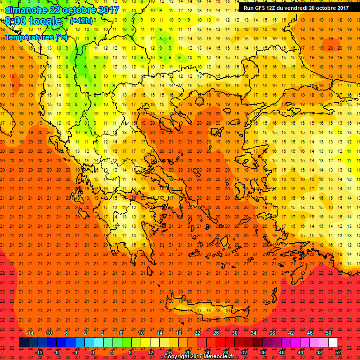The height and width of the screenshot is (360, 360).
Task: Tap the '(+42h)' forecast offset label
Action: [81, 21]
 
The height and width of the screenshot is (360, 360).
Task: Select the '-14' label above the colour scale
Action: [30, 333]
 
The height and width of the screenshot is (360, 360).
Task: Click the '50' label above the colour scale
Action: [329, 333]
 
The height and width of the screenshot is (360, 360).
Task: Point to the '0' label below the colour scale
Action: [93, 352]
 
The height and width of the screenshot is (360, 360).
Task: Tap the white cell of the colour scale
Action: [333, 343]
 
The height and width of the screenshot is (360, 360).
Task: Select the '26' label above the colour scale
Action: [216, 333]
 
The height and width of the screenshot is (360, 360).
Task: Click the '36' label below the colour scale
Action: [263, 352]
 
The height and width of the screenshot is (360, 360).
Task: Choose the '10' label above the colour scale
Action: [141, 333]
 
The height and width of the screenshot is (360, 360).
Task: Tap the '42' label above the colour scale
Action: [291, 333]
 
